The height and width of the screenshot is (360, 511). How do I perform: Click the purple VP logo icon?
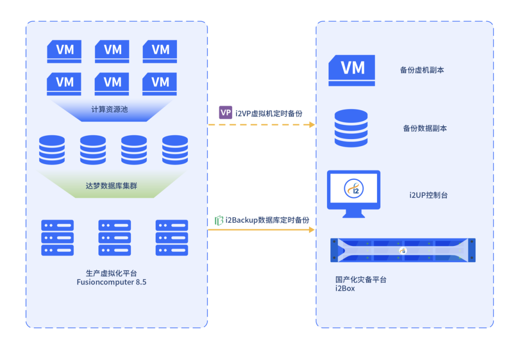click(225, 113)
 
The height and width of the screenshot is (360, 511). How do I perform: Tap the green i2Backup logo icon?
click(219, 220)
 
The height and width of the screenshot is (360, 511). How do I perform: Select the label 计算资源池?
click(109, 109)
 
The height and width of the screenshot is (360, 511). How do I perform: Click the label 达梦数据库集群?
click(112, 186)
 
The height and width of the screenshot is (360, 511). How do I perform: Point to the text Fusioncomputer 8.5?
click(112, 282)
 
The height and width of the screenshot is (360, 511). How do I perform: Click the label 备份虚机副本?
click(422, 70)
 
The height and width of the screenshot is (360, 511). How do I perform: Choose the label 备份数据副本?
click(424, 128)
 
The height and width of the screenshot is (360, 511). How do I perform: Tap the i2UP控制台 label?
click(428, 195)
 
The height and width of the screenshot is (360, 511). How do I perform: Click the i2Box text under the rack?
click(345, 288)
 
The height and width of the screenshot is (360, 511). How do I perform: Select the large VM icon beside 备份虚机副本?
click(352, 70)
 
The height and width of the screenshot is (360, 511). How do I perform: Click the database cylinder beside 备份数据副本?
click(351, 128)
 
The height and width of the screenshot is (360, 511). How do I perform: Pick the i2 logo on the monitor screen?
click(354, 189)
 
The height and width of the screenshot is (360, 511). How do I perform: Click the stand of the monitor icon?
click(353, 214)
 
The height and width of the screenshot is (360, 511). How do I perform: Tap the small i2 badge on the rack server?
click(403, 251)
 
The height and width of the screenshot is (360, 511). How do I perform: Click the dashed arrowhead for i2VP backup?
click(312, 124)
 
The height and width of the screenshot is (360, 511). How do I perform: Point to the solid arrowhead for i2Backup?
click(312, 230)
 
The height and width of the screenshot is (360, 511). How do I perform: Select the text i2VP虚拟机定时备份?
click(269, 114)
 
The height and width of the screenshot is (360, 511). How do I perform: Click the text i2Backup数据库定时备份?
click(267, 220)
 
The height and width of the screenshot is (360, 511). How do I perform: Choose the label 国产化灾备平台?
click(361, 280)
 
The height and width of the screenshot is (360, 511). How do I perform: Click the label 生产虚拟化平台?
click(112, 273)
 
